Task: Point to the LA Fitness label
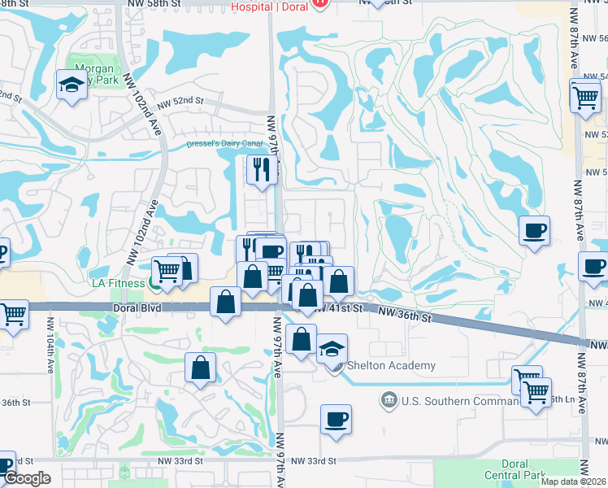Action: pos(114,282)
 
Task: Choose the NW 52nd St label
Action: pos(180,103)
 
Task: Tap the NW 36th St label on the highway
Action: pos(406,316)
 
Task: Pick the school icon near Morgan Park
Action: pos(72,84)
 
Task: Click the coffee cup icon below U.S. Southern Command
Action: pos(336,420)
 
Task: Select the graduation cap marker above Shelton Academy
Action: pos(332,349)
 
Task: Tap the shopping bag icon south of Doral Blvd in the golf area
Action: pos(200,368)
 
